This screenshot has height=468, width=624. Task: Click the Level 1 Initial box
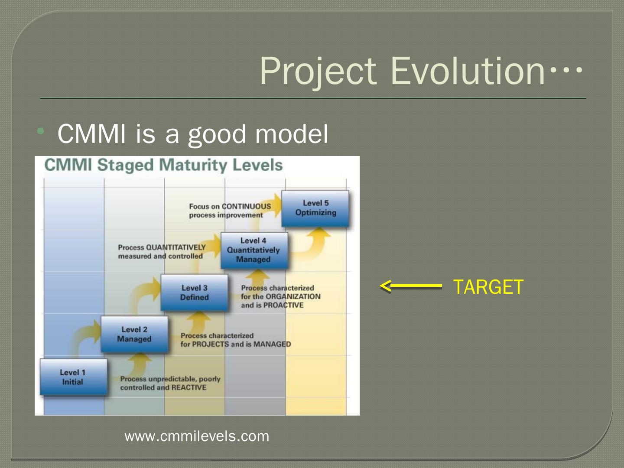tap(74, 377)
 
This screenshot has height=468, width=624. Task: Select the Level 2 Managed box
tap(134, 334)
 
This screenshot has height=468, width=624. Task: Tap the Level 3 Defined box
tap(195, 292)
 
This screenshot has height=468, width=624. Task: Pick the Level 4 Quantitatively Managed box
tap(254, 250)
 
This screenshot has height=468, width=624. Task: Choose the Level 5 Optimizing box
tap(315, 208)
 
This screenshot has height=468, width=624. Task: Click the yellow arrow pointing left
tap(411, 286)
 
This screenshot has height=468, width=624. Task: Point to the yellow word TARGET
tap(488, 287)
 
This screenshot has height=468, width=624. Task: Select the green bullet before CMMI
tap(41, 131)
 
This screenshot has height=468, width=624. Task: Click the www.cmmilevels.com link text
tap(197, 436)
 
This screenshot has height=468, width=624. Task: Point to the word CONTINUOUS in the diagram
tap(247, 206)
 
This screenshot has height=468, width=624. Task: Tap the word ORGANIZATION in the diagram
tap(293, 296)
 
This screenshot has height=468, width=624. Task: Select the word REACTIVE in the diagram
tap(189, 387)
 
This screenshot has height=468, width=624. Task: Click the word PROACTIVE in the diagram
tap(283, 305)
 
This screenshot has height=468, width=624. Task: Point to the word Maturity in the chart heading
tap(193, 165)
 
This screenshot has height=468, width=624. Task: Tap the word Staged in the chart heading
tap(125, 166)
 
